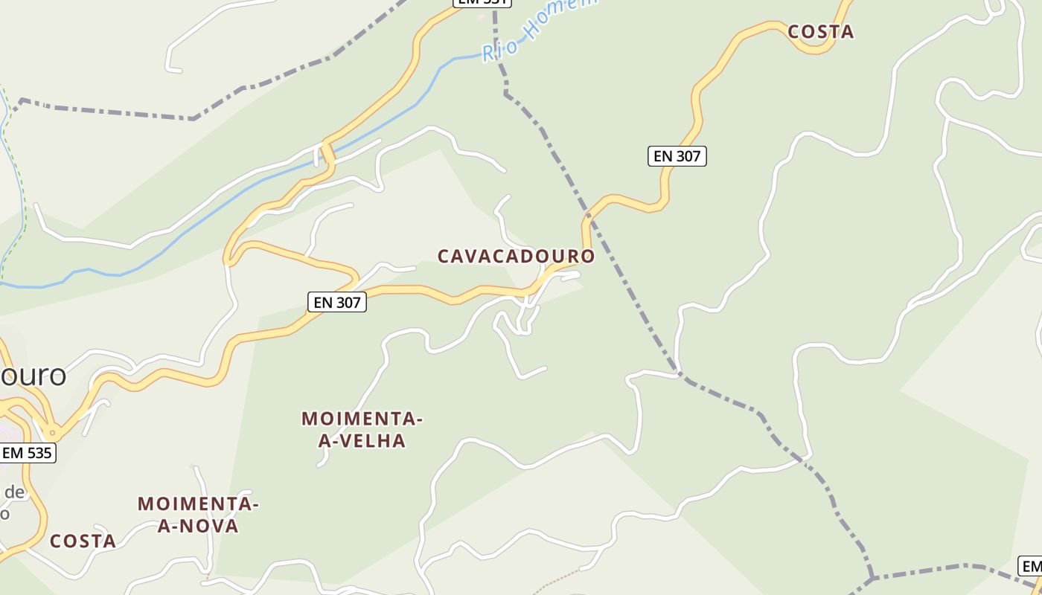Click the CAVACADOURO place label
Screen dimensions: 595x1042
pyautogui.click(x=516, y=257)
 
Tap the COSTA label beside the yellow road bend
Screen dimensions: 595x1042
pyautogui.click(x=820, y=32)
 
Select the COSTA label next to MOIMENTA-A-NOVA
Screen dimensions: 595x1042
pyautogui.click(x=83, y=541)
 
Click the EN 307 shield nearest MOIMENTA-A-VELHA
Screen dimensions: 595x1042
pyautogui.click(x=337, y=302)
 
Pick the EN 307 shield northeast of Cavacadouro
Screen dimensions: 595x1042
pyautogui.click(x=677, y=156)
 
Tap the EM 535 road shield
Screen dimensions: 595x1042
pyautogui.click(x=28, y=452)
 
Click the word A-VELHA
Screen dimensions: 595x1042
pyautogui.click(x=362, y=441)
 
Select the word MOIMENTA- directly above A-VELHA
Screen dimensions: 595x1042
pyautogui.click(x=362, y=419)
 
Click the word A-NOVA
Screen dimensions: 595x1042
pyautogui.click(x=198, y=527)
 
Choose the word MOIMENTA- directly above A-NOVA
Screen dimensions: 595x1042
pyautogui.click(x=198, y=504)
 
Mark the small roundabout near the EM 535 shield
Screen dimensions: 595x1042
pyautogui.click(x=52, y=432)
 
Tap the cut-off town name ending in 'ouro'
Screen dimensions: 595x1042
pyautogui.click(x=33, y=375)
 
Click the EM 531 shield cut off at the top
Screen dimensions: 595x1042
pyautogui.click(x=482, y=2)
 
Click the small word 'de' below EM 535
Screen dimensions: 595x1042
pyautogui.click(x=15, y=492)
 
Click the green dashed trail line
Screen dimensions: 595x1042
pyautogui.click(x=19, y=186)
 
